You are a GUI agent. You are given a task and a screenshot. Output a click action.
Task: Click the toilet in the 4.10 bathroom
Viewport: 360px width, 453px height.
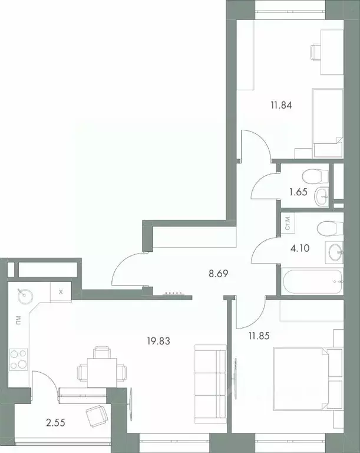327,227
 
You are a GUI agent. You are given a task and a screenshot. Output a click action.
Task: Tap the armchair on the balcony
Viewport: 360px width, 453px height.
96,417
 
